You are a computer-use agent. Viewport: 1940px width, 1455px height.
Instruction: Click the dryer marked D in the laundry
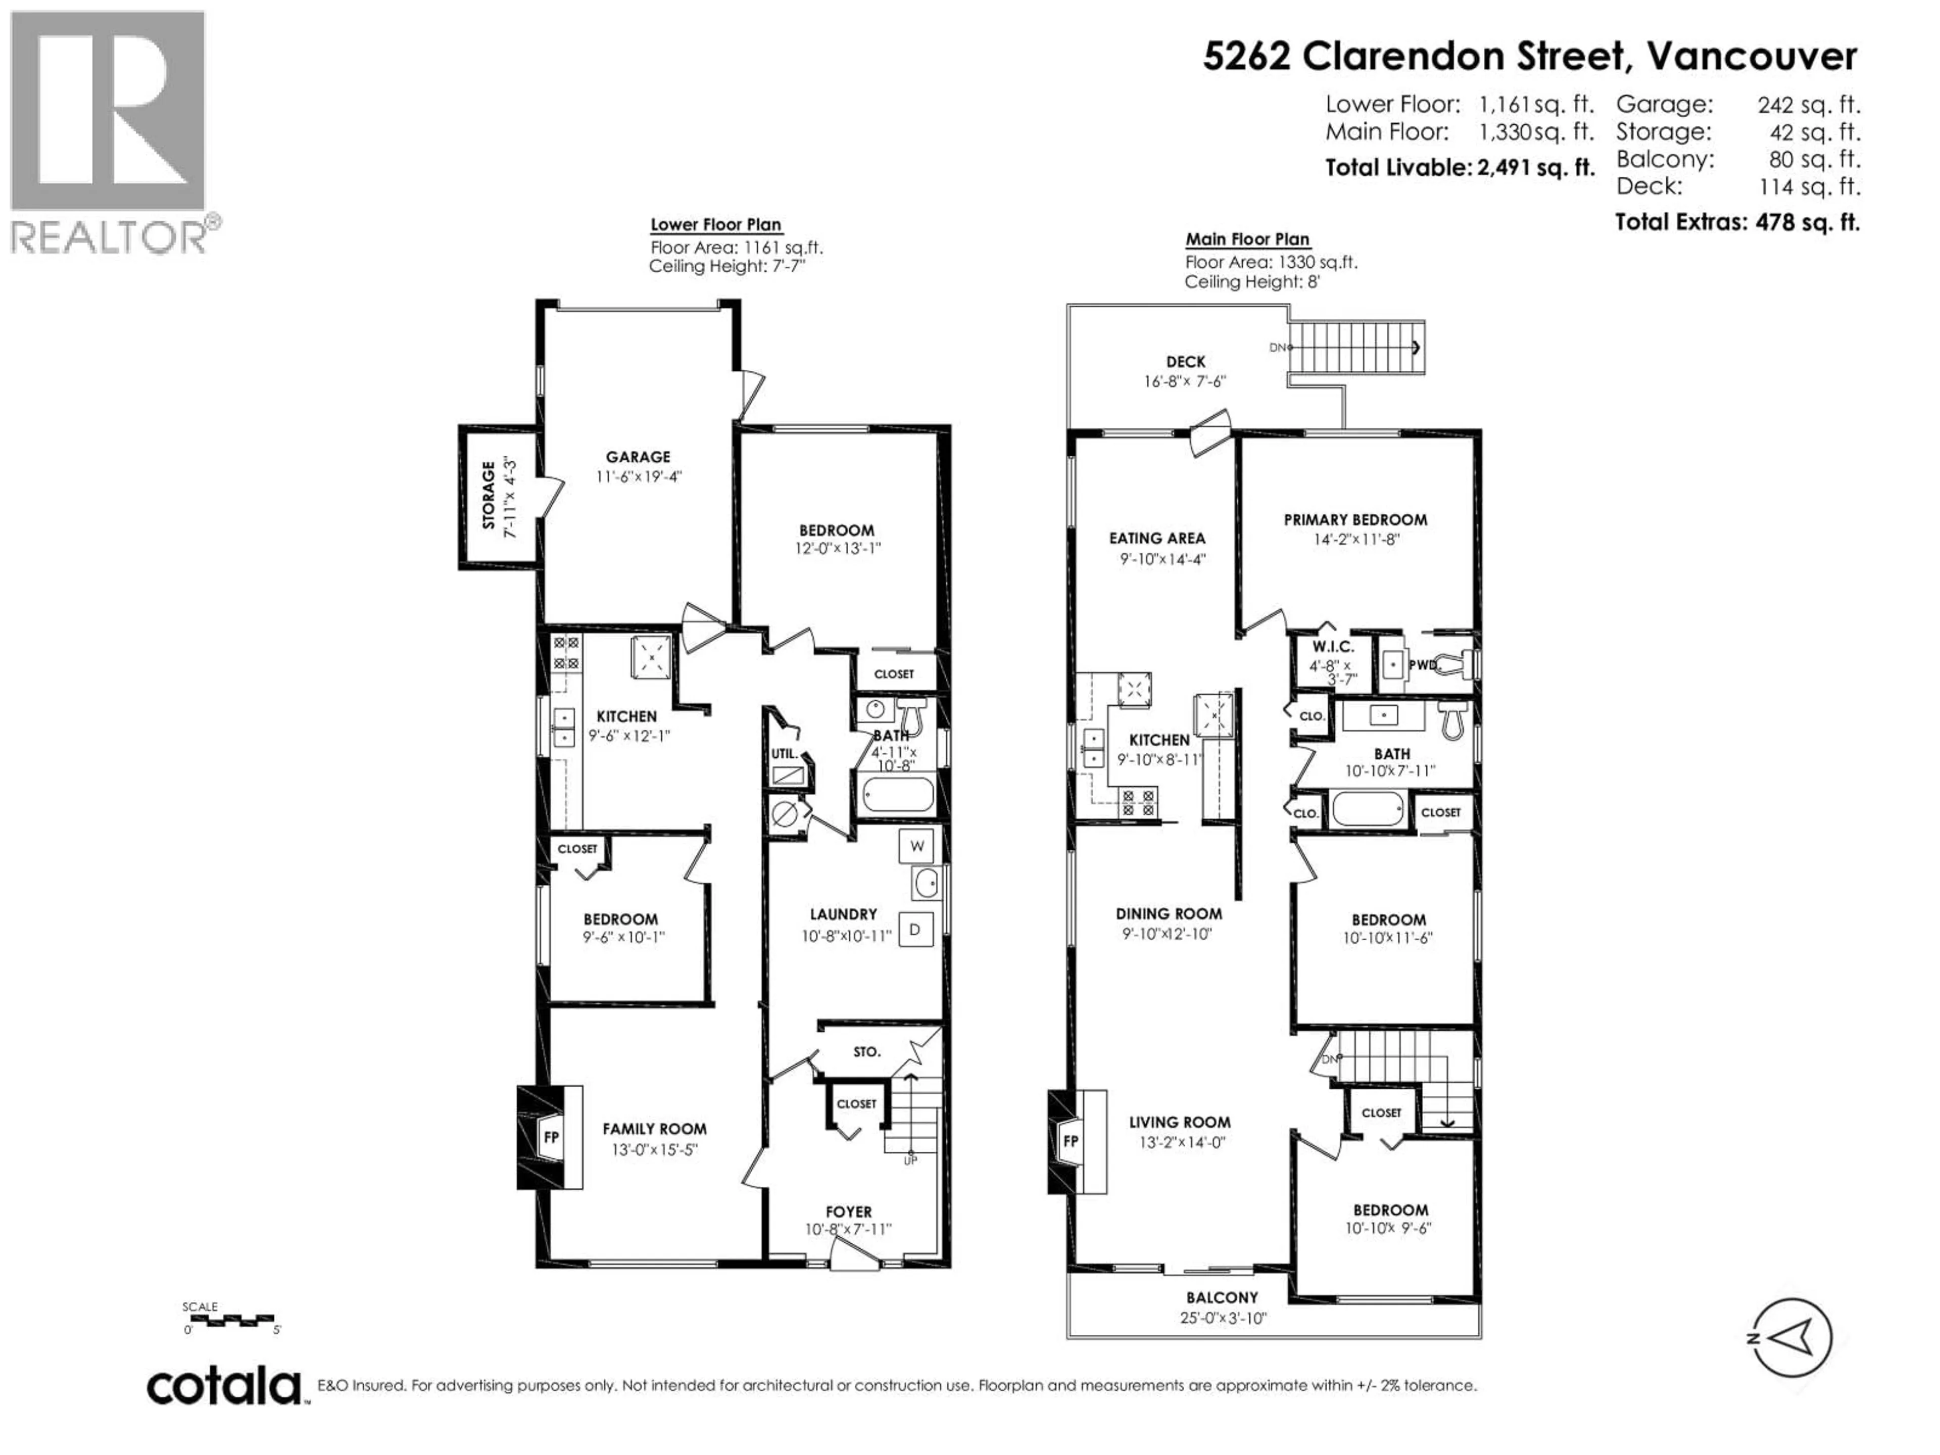[915, 929]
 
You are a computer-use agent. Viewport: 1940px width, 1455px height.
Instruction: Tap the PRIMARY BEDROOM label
[1355, 520]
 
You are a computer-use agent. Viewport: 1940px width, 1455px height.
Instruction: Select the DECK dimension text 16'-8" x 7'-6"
[1184, 381]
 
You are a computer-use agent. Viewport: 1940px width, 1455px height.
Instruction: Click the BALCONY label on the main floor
[1222, 1297]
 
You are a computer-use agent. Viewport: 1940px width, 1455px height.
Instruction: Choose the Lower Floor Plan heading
[716, 225]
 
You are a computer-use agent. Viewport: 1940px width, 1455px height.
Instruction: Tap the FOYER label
[848, 1212]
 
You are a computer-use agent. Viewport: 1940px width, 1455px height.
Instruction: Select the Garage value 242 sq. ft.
[1808, 105]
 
